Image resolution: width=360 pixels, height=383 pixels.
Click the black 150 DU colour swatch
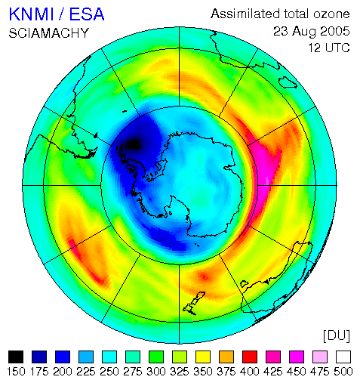pos(16,357)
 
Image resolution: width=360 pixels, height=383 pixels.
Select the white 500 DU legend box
pos(343,357)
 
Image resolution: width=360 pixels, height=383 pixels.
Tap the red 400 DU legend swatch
pos(250,357)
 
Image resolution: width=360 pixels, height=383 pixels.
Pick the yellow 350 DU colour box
pos(203,357)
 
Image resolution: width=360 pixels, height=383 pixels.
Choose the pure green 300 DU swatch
pos(156,357)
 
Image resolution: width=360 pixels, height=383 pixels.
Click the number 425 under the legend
pos(273,372)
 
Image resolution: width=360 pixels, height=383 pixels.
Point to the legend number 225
pos(86,372)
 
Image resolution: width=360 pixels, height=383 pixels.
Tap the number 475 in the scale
pos(320,372)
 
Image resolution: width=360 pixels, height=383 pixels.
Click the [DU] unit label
pos(337,336)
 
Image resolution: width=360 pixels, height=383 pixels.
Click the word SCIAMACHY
pos(49,33)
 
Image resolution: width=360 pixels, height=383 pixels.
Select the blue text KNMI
pos(32,14)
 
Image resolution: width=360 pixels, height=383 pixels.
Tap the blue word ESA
pos(87,14)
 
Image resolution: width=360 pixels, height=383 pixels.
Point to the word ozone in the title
pos(331,14)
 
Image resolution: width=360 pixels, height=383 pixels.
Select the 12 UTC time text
pos(329,48)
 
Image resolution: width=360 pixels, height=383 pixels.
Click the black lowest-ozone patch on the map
pos(133,144)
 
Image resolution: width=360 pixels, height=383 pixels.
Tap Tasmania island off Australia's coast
pos(244,284)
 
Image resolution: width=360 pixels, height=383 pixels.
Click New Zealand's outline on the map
pos(194,303)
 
